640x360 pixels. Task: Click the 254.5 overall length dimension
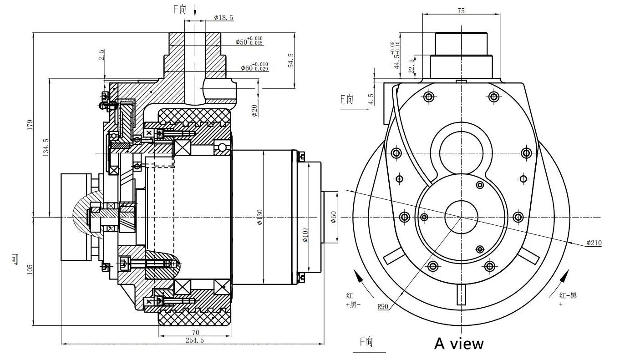click(x=194, y=340)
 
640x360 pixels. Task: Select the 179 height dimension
click(x=30, y=124)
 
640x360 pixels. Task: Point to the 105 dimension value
click(x=30, y=269)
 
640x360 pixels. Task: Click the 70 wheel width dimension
click(x=196, y=333)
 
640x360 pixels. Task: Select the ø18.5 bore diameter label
click(x=223, y=18)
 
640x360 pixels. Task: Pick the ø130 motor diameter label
click(x=259, y=217)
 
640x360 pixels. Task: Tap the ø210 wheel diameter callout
click(x=594, y=243)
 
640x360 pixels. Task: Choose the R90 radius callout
click(x=382, y=306)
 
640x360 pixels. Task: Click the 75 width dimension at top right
click(x=461, y=11)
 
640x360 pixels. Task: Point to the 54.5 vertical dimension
click(x=290, y=60)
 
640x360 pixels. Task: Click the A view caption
click(x=459, y=343)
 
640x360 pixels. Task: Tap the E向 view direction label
click(x=347, y=99)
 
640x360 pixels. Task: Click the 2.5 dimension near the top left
click(x=102, y=55)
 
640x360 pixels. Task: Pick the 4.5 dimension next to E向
click(x=371, y=99)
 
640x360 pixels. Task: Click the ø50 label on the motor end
click(x=333, y=217)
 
